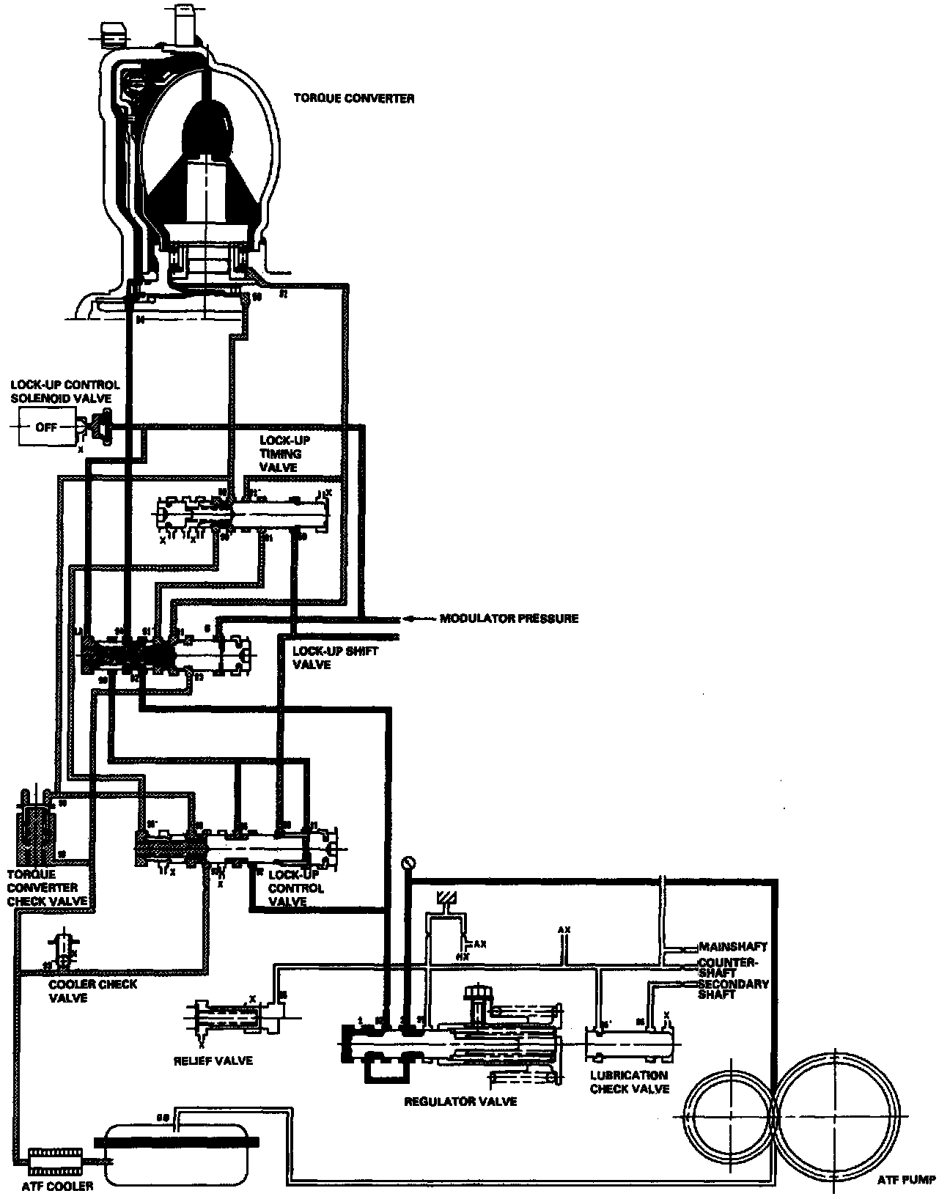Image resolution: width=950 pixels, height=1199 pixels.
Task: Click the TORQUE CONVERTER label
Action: (x=353, y=98)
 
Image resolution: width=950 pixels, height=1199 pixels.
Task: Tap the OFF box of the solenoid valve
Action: (x=46, y=427)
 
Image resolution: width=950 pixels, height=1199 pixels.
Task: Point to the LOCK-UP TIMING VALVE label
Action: (x=284, y=454)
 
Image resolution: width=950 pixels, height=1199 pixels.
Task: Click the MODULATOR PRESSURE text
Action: (x=509, y=619)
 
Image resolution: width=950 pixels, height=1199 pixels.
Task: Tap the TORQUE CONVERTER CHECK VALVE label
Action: (x=47, y=888)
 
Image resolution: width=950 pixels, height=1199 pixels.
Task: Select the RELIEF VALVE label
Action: (x=213, y=1060)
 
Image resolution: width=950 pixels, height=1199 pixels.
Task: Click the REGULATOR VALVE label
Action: (x=460, y=1101)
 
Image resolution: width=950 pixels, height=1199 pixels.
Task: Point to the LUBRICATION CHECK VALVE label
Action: (x=629, y=1082)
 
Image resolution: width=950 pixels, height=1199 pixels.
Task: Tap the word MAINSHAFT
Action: (x=733, y=947)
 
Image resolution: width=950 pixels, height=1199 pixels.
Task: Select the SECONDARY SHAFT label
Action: (x=732, y=989)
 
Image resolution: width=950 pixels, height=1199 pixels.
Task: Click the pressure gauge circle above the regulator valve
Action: (x=408, y=862)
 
